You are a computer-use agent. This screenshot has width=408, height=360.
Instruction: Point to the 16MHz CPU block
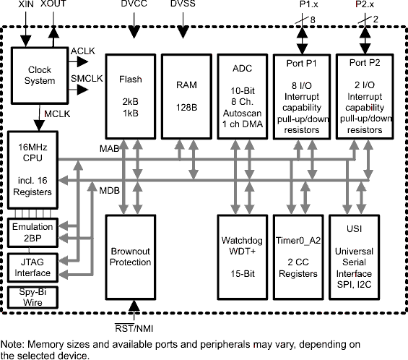click(30, 170)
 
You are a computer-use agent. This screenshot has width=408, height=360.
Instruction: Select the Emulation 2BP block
click(30, 231)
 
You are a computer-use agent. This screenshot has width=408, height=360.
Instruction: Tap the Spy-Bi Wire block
click(30, 297)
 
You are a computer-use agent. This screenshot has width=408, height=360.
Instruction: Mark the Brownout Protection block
click(131, 257)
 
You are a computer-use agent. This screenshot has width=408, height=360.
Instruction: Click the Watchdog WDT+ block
click(242, 257)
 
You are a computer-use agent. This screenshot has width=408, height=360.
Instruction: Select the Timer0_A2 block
click(298, 257)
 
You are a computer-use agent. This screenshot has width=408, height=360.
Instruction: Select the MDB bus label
click(109, 190)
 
